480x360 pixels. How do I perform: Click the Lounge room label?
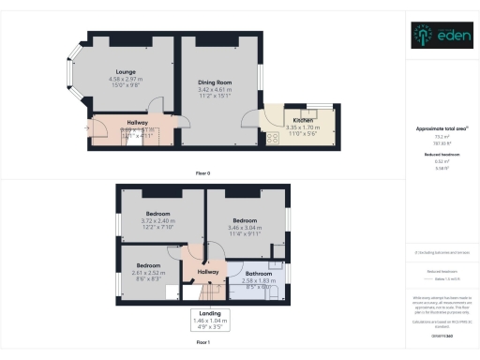[125, 71]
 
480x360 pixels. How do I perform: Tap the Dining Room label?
[214, 82]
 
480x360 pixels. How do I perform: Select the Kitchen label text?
[303, 120]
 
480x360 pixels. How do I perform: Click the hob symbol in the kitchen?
[273, 137]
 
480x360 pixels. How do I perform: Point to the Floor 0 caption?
[202, 173]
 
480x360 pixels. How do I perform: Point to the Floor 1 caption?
[202, 345]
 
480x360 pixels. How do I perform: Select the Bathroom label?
[258, 274]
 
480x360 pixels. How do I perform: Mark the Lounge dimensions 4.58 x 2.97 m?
[126, 80]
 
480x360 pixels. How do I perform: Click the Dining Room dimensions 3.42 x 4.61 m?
[214, 91]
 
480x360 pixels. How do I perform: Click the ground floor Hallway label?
[126, 123]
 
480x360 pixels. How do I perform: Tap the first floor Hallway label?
[208, 272]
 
